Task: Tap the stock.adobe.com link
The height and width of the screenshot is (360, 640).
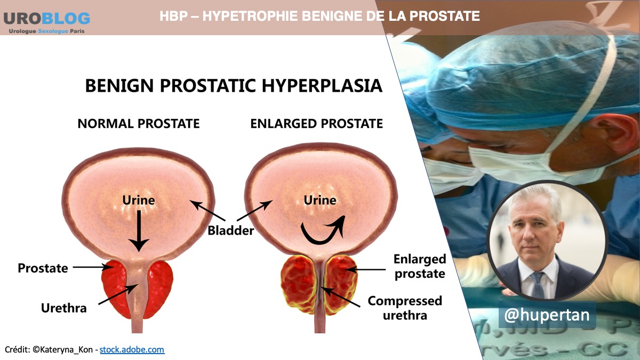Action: click(x=132, y=349)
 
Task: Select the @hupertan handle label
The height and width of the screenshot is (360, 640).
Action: click(x=547, y=315)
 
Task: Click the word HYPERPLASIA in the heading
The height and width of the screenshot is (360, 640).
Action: click(x=322, y=85)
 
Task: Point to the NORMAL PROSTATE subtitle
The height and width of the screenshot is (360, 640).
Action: click(x=139, y=124)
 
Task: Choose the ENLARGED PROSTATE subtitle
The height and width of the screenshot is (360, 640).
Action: click(x=317, y=124)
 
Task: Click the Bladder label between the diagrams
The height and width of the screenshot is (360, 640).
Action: click(x=230, y=230)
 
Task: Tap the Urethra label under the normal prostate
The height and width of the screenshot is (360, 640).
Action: click(x=63, y=308)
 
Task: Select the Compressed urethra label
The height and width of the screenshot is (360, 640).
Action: click(x=405, y=308)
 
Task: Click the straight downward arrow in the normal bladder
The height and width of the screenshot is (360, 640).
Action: click(x=139, y=231)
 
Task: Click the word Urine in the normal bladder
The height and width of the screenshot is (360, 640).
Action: click(x=139, y=200)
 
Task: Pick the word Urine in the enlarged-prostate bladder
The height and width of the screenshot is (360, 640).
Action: click(x=319, y=200)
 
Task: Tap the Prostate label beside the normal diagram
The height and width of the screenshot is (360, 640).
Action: click(x=43, y=268)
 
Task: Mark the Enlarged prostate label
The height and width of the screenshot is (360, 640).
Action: click(x=420, y=266)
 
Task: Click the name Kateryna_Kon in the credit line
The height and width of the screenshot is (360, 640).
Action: click(x=66, y=350)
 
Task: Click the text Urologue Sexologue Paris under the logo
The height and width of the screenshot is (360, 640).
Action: click(x=46, y=31)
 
